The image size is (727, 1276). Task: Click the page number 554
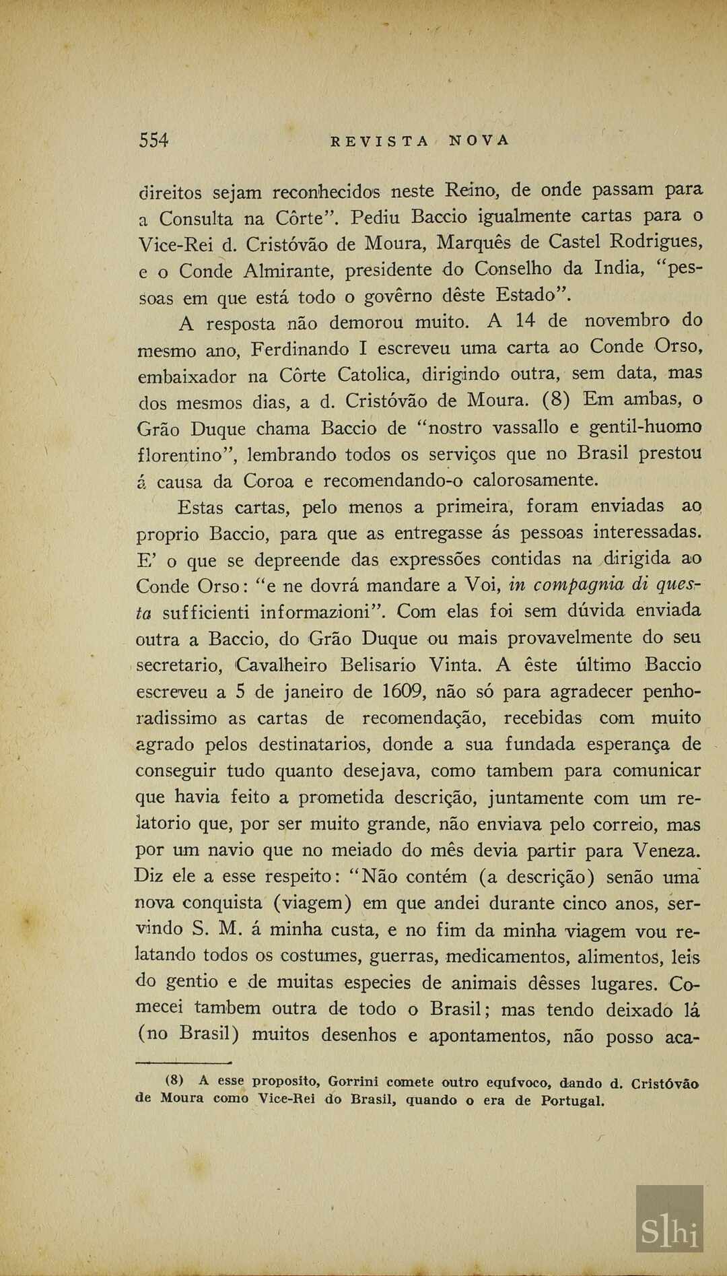click(x=153, y=140)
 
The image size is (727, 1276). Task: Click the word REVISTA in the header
click(x=380, y=141)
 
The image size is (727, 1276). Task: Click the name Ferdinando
click(x=301, y=349)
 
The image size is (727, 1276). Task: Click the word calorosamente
click(x=535, y=481)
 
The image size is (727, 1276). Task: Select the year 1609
click(x=404, y=692)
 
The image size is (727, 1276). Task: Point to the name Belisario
click(x=378, y=665)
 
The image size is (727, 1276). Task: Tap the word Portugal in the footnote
click(x=572, y=1102)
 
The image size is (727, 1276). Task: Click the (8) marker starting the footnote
click(x=175, y=1081)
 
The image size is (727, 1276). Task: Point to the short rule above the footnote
click(x=183, y=1063)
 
